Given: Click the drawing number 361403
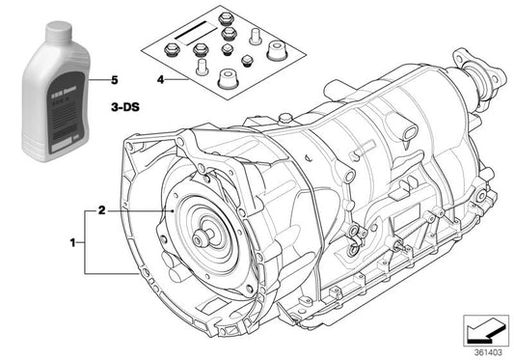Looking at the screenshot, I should click(487, 353).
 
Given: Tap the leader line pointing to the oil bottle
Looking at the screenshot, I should click(95, 79).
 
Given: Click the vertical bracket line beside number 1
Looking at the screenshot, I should click(86, 243).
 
